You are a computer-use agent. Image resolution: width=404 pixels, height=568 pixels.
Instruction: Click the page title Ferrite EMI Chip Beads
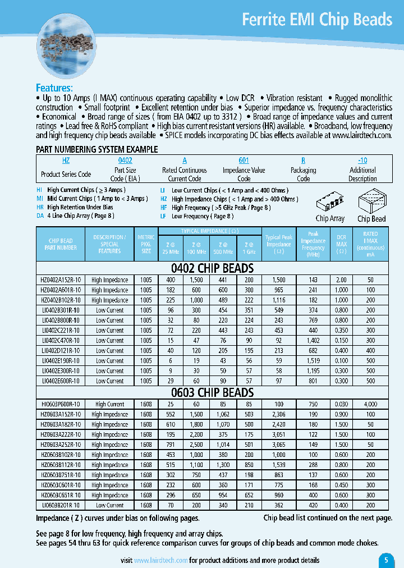[x=316, y=20]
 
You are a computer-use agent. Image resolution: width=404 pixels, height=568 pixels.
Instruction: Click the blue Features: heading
[x=54, y=88]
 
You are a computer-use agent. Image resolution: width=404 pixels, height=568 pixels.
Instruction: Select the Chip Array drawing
[x=330, y=201]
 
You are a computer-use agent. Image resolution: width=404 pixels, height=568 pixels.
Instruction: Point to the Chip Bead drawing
[x=371, y=200]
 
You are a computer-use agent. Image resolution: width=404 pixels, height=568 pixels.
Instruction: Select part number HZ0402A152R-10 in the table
[x=61, y=280]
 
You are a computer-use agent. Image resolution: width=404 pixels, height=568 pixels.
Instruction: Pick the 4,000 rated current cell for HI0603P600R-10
[x=370, y=404]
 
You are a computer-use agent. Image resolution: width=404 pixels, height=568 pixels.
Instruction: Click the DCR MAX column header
[x=341, y=244]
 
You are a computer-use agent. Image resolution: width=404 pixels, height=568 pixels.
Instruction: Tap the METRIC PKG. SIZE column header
[x=146, y=244]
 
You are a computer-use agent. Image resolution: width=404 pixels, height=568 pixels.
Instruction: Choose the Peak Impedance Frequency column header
[x=313, y=244]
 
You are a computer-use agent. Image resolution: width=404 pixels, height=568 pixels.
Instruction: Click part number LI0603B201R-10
[x=61, y=505]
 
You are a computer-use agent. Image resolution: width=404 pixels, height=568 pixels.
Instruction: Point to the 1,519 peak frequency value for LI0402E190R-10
[x=313, y=360]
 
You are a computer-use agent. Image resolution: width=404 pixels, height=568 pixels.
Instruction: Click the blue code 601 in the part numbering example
[x=244, y=160]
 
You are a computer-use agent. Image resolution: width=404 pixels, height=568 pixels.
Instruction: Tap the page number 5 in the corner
[x=386, y=560]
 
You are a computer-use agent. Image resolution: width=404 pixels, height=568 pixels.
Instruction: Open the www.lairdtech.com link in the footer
[x=160, y=560]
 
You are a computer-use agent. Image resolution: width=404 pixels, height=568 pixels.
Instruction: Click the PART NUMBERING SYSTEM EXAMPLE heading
[x=97, y=149]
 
